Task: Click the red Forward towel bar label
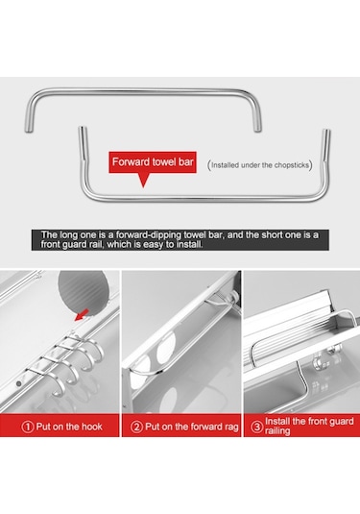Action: coord(153,162)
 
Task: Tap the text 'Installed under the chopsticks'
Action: coord(260,165)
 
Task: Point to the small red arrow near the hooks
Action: coord(82,315)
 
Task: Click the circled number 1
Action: coord(28,427)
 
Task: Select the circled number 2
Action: coord(136,427)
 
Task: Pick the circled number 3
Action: coord(257,427)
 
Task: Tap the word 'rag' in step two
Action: coord(231,428)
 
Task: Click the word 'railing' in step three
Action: coord(277,431)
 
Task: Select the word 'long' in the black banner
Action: coord(67,235)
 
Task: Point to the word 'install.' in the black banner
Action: coord(190,244)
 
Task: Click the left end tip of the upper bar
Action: coord(29,131)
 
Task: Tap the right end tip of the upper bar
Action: coord(257,131)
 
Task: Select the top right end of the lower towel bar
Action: coord(326,131)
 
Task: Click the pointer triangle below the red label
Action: coord(143,180)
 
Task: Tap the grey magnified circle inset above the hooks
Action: coord(84,291)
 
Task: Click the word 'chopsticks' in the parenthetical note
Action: coord(291,165)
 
